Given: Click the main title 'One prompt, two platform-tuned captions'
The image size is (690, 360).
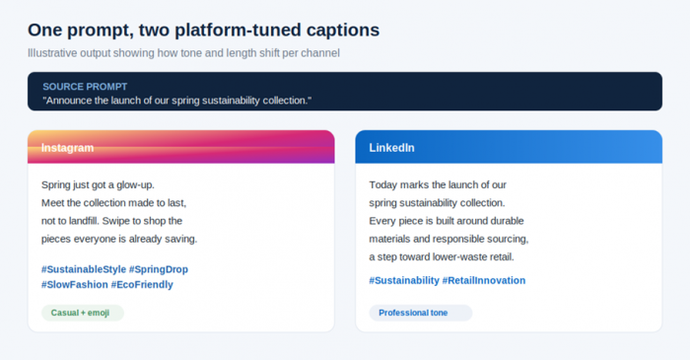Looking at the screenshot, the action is (x=203, y=31).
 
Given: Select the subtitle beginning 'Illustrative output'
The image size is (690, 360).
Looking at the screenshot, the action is (x=183, y=53).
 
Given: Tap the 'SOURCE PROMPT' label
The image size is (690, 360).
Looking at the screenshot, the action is (x=85, y=87).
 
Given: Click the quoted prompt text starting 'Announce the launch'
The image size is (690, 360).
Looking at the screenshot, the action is (x=176, y=101).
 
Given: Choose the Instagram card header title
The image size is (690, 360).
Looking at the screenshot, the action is (x=67, y=148).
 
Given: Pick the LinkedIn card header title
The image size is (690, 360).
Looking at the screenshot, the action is (x=391, y=148).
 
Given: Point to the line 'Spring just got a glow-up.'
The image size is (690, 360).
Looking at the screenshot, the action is (x=98, y=184).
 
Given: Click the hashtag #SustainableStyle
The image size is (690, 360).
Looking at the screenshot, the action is (x=84, y=269).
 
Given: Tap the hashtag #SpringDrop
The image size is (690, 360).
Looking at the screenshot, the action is (x=159, y=269).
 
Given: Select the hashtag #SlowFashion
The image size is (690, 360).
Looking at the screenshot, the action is (x=74, y=285).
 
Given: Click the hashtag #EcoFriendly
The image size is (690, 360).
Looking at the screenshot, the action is (x=142, y=285).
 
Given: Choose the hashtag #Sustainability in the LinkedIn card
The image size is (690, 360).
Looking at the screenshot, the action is (x=404, y=281).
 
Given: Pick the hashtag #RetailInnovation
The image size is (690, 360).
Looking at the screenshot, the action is (x=484, y=281).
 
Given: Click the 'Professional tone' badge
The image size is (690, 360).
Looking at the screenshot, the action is (x=421, y=313).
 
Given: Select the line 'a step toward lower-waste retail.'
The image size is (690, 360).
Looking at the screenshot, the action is (x=442, y=257).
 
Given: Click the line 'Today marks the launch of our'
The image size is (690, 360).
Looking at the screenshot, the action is (x=438, y=184).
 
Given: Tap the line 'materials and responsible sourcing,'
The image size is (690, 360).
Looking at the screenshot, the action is (x=448, y=239).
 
